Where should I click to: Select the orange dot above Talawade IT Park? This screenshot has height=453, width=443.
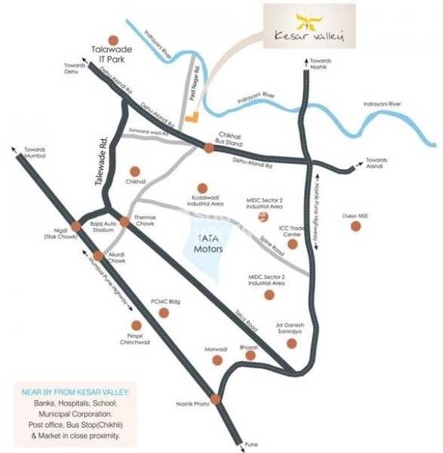pos(113,39)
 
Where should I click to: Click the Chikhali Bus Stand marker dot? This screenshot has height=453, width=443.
pos(208,148)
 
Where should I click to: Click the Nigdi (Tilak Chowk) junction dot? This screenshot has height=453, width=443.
pos(76,225)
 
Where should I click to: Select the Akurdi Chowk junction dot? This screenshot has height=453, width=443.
pos(98,255)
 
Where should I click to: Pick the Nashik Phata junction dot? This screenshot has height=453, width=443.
pos(216,399)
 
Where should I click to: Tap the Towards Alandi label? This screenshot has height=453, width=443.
pos(376,162)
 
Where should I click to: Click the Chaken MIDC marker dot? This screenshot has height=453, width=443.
pos(355,225)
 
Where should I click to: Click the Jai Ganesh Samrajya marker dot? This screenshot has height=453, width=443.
pos(291,344)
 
